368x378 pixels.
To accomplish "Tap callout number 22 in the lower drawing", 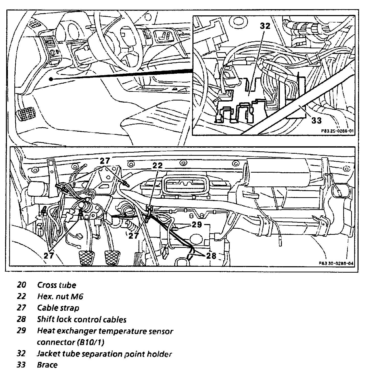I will [x=157, y=165].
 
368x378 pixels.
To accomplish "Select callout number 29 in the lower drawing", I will [x=197, y=225].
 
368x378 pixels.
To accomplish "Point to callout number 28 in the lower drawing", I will [x=211, y=255].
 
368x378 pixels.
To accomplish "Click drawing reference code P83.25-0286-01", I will [x=337, y=131].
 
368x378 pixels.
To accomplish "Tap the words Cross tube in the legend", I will [x=57, y=285].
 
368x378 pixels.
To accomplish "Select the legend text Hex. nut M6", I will [x=60, y=296].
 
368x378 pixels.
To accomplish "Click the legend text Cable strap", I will [x=58, y=308].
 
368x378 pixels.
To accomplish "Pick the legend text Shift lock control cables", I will [x=82, y=319].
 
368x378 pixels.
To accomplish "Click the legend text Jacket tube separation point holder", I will [x=104, y=354].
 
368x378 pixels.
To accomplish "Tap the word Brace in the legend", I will [x=47, y=365].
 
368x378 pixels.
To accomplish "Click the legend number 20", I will [x=22, y=285].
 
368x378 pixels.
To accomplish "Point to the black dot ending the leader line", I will [x=51, y=79].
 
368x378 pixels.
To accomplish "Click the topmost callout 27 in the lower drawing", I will [x=105, y=161].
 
